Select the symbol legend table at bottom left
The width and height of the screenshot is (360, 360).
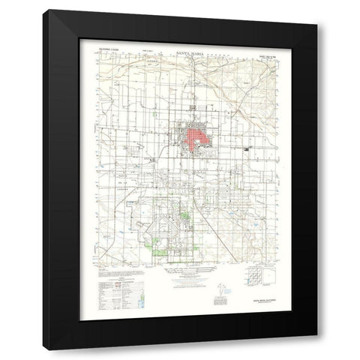point(120,283)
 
